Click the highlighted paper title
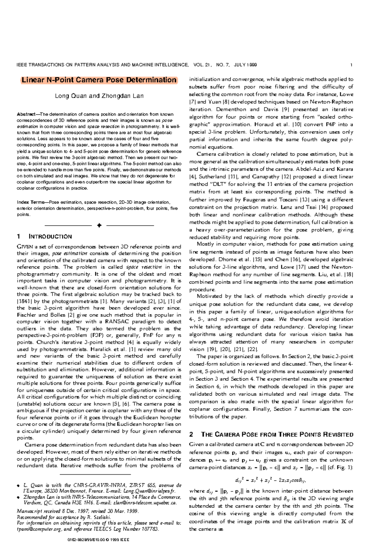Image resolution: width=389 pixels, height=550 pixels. (99, 80)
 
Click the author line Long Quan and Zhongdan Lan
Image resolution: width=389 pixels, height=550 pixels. (99, 96)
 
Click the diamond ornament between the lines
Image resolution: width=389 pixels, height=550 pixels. (99, 225)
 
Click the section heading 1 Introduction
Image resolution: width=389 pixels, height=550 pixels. (44, 236)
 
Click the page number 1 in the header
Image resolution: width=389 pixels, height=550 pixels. (351, 65)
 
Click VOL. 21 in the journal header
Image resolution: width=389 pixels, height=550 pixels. (202, 65)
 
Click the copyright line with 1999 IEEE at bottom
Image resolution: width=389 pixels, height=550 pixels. (98, 540)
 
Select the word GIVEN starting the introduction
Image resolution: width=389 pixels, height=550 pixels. (25, 247)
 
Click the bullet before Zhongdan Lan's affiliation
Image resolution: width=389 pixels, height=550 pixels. (18, 497)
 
